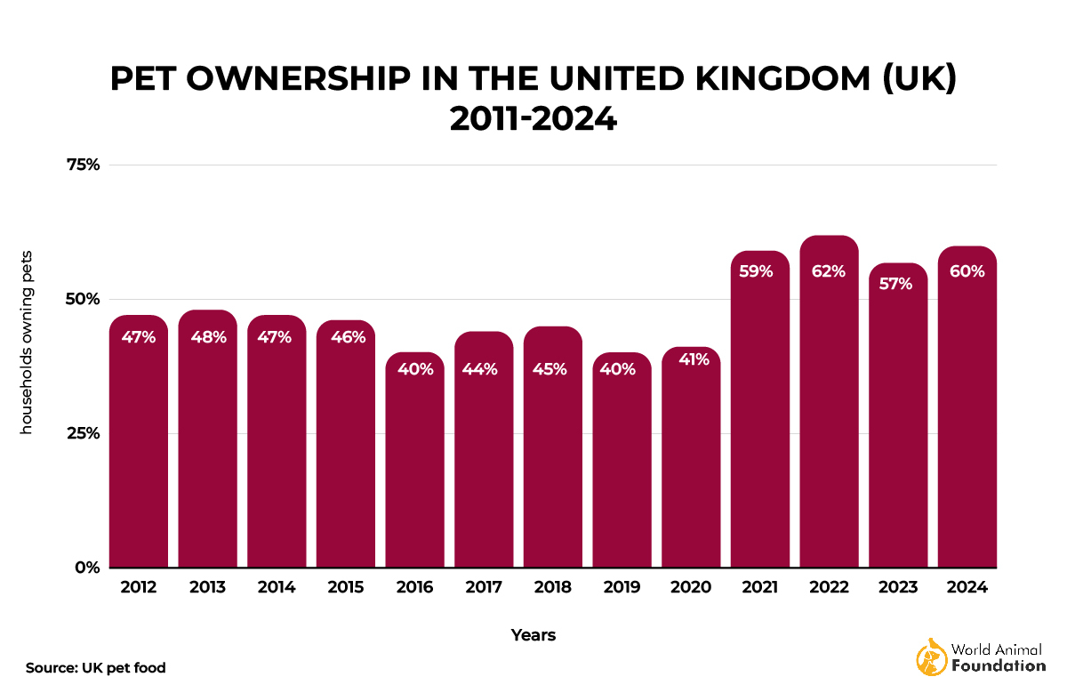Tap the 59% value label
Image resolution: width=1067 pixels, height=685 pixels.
coord(760,271)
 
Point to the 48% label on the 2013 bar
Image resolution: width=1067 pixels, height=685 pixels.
coord(207,337)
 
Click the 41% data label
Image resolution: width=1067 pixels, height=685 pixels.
coord(691,360)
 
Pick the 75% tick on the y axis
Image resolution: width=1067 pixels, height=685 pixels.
coord(81,165)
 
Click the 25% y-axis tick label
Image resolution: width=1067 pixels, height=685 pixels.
coord(81,433)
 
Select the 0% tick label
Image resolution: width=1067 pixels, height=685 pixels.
coord(85,568)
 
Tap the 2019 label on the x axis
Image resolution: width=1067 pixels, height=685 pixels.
coord(622,588)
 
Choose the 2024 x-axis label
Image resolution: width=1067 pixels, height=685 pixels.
coord(967,588)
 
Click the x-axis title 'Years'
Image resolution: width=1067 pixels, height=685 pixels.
coord(533,635)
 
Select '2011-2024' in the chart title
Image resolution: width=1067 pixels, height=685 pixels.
coord(533,118)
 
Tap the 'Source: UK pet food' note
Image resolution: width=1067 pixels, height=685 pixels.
coord(96,667)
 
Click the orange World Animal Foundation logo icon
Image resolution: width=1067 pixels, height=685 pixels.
coord(931,657)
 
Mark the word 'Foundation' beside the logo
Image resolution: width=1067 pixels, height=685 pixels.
coord(998,665)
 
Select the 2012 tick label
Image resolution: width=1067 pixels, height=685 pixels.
coord(138,588)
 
